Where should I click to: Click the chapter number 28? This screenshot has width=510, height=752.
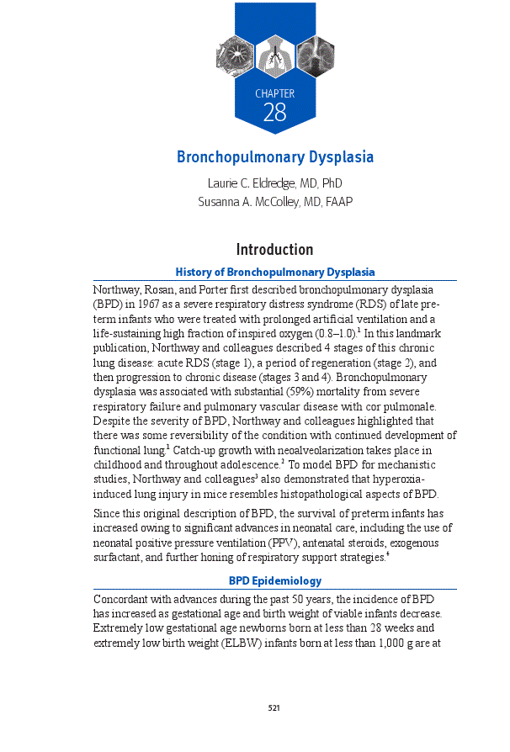point(274,113)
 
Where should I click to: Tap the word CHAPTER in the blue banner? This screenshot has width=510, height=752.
point(274,93)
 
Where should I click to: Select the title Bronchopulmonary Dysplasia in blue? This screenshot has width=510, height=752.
point(274,157)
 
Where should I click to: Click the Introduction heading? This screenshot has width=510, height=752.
point(274,250)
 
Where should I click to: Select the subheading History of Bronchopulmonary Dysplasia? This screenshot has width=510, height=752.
point(274,272)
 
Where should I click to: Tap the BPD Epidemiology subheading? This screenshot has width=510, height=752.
point(274,580)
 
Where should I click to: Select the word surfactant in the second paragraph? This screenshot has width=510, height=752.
point(120,558)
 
